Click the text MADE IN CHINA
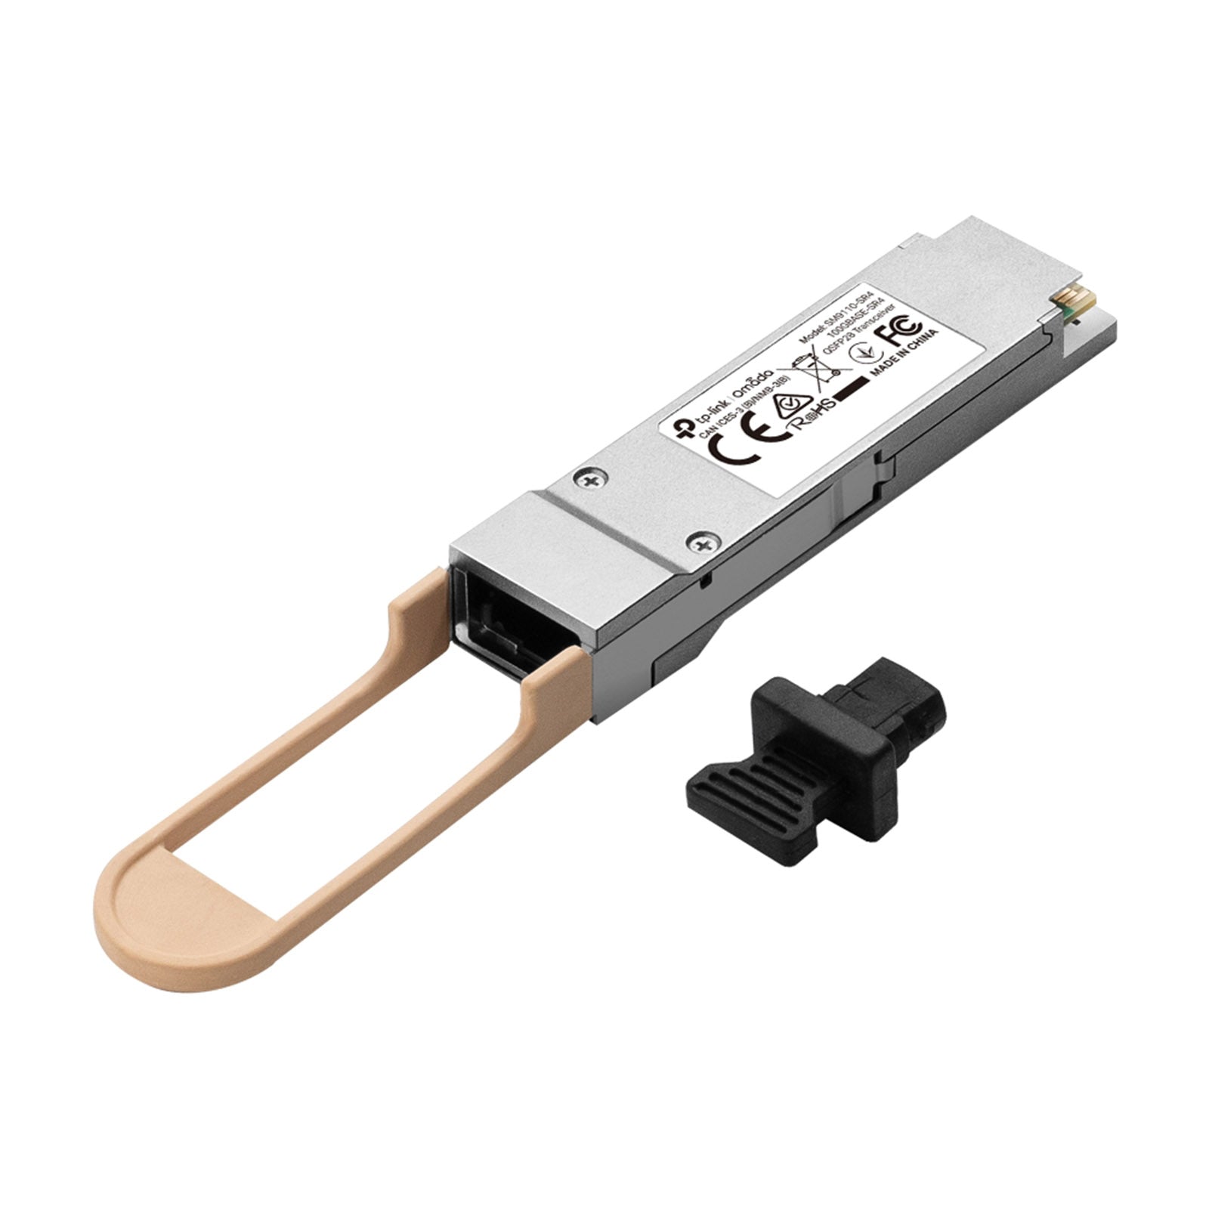click(905, 354)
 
